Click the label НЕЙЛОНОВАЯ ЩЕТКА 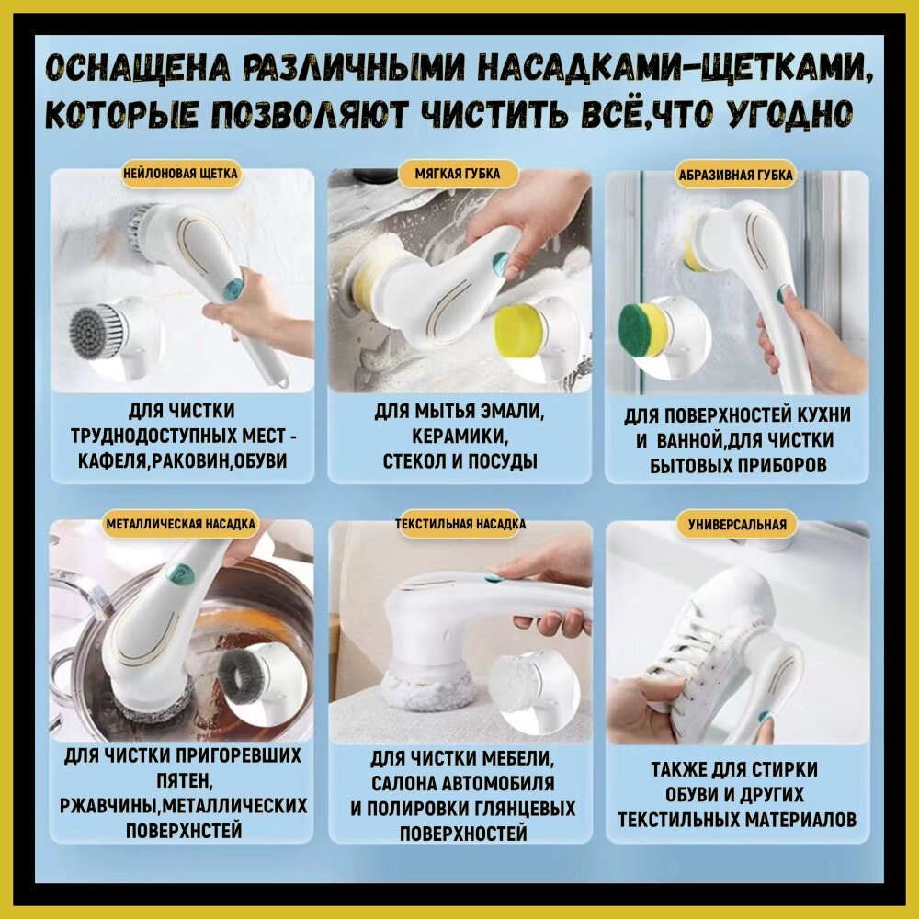coord(180,174)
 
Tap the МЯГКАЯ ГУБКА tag coord(458,174)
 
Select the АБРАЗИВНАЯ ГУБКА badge coord(735,175)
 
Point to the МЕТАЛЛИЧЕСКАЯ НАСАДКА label coord(180,524)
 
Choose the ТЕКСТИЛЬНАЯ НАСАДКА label coord(460,524)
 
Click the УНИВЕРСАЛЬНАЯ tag coord(737,524)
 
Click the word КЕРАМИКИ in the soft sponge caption coord(459,436)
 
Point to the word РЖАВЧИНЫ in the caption coord(108,805)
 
